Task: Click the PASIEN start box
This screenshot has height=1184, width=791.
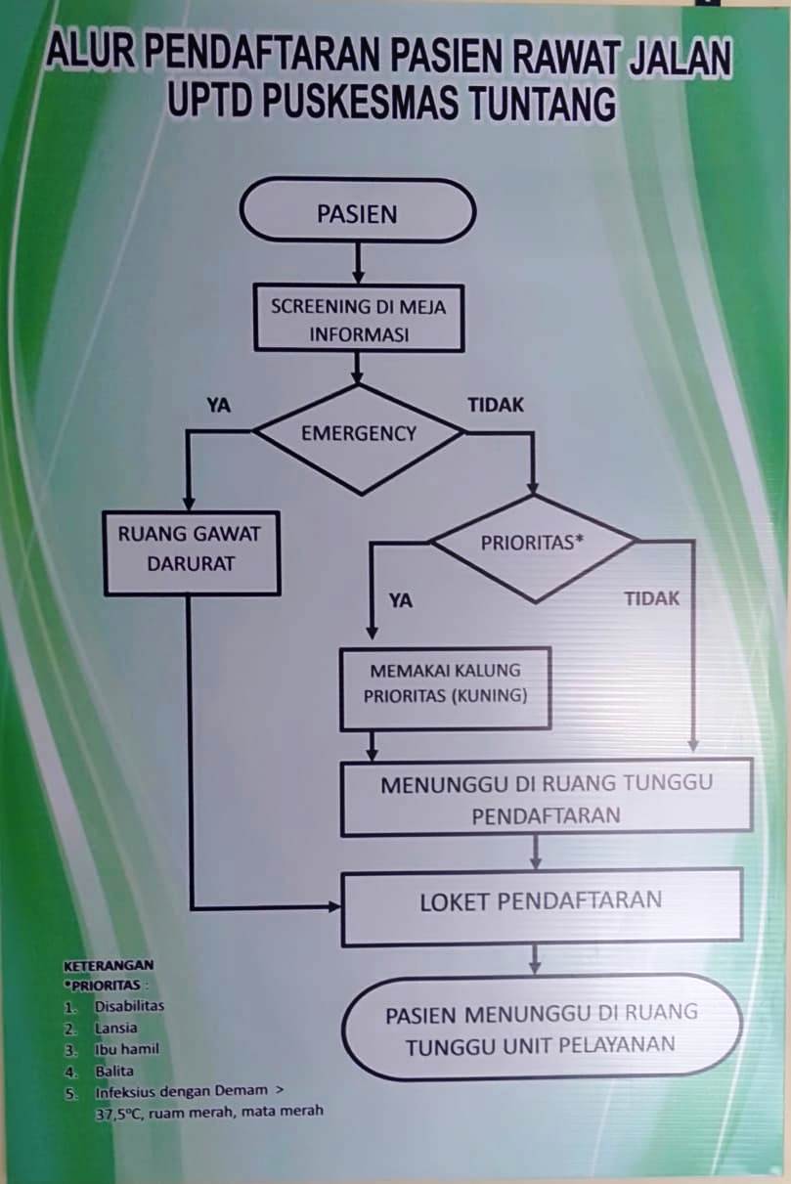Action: coord(358,211)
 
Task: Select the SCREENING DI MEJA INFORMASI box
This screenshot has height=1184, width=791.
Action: coord(359,318)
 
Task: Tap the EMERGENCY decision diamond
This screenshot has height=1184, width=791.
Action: coord(360,440)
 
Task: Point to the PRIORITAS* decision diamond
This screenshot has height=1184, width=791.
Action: coord(534,548)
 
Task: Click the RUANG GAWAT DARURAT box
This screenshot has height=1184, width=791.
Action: coord(191,552)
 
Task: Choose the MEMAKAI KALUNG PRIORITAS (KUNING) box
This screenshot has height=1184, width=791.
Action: coord(445,688)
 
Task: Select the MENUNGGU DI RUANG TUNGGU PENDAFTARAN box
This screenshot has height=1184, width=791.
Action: coord(547,798)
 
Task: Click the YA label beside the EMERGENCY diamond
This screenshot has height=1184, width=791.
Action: coord(218,406)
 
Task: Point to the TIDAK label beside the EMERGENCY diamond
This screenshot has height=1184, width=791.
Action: coord(496,405)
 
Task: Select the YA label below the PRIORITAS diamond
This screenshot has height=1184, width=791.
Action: coord(401,601)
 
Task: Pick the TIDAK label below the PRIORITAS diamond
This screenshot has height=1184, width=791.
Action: coord(652,599)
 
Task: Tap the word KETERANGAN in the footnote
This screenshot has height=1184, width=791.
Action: coord(109,966)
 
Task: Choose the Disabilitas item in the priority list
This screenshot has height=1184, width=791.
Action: coord(129,1005)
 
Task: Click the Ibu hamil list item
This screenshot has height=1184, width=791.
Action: coord(127,1049)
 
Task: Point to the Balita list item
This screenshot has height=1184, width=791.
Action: coord(114,1071)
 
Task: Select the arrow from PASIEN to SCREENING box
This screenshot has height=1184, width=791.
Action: coord(359,263)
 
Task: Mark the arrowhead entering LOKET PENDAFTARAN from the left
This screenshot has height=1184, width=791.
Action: coord(334,907)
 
